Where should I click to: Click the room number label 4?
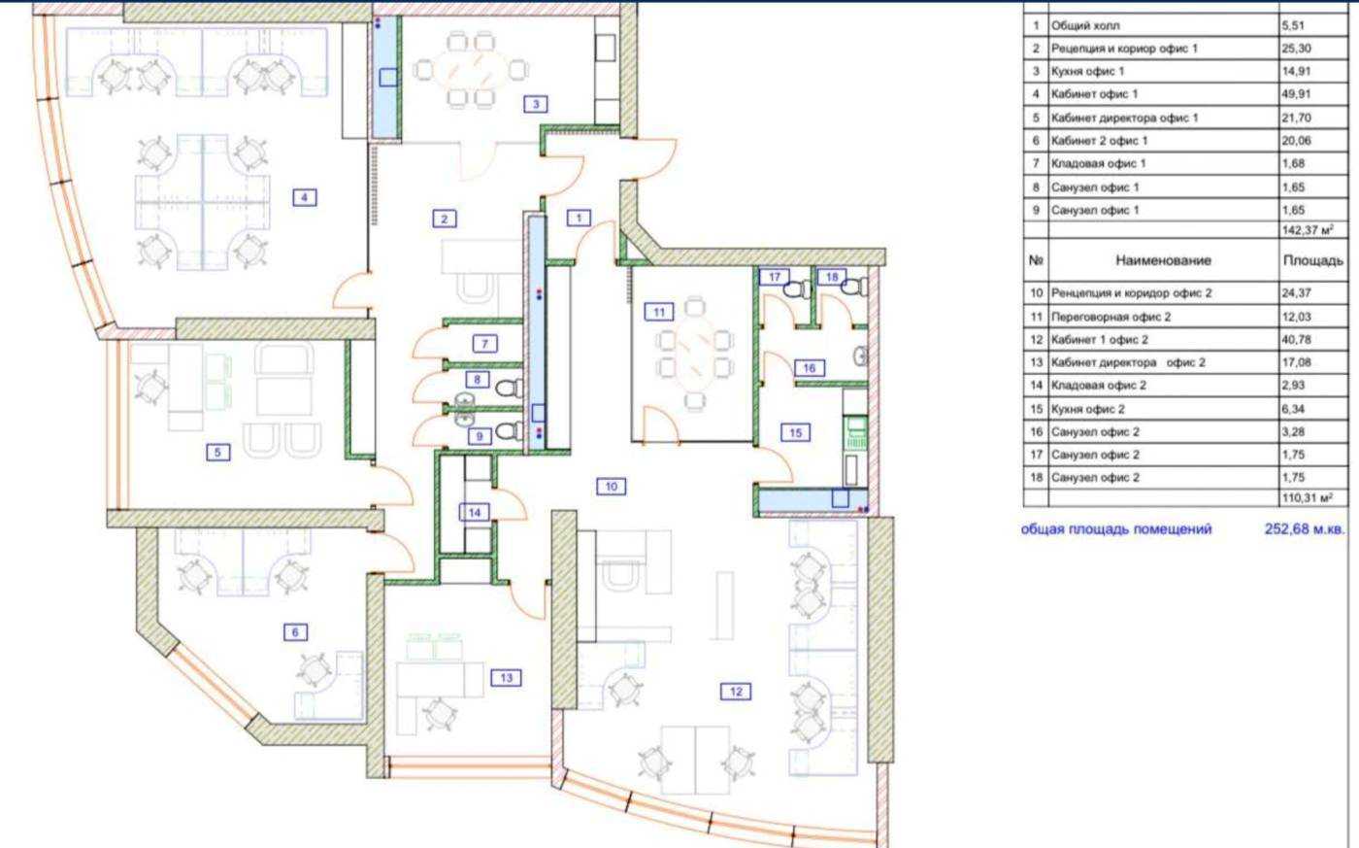pos(304,197)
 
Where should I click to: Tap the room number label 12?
pos(736,692)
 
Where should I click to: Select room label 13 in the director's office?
pos(506,677)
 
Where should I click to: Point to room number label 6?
pos(295,632)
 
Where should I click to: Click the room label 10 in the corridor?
pos(611,487)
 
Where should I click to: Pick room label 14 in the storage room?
pos(475,512)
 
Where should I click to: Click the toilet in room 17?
pos(797,288)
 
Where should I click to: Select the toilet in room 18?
pos(856,287)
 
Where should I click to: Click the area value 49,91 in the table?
pos(1296,94)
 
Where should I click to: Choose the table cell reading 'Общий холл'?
pos(1085,25)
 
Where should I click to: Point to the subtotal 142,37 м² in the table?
pos(1308,230)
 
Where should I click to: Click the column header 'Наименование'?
pos(1163,260)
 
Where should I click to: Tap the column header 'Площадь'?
pos(1312,261)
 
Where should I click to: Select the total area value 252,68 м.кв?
pos(1305,528)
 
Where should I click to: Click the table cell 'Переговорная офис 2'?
pos(1110,317)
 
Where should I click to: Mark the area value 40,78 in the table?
pos(1296,339)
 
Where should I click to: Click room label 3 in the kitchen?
pos(536,104)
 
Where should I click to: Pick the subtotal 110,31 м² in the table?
pos(1308,498)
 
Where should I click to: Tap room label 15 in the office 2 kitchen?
pos(795,433)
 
